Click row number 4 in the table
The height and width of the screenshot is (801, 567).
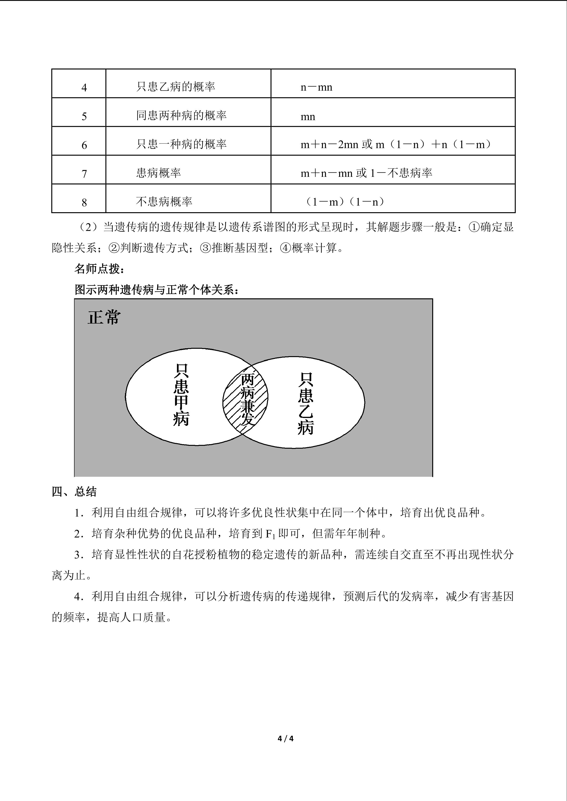[x=84, y=87]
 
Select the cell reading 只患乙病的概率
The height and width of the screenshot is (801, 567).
[x=176, y=87]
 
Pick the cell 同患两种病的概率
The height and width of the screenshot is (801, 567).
[x=181, y=115]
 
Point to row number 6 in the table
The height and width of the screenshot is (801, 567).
[x=84, y=145]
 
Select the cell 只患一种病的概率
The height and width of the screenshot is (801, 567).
[x=181, y=144]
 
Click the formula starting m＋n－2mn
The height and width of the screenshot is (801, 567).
[x=396, y=144]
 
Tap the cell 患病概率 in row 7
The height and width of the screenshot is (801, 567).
[x=159, y=173]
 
